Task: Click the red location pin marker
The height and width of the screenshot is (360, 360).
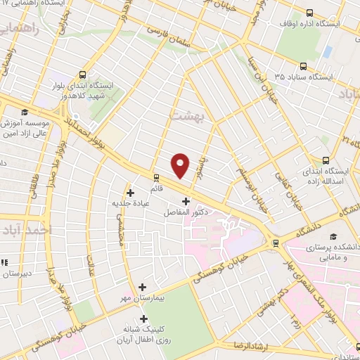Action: click(181, 165)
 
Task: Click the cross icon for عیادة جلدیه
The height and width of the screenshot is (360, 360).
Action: click(130, 192)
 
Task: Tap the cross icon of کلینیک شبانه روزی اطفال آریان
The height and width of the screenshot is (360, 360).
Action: click(144, 319)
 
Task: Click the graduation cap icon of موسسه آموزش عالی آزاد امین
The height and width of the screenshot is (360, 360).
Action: click(25, 112)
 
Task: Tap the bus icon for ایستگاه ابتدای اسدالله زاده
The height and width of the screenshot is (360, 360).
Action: click(325, 160)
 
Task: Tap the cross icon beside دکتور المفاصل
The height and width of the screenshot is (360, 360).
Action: click(185, 201)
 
